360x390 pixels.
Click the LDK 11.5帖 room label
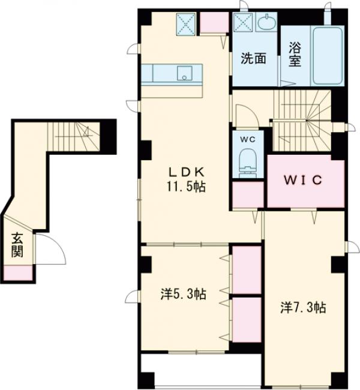(186, 179)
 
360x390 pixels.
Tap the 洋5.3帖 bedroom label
(183, 295)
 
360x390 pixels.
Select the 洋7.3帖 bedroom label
(303, 308)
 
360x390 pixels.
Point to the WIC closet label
(303, 180)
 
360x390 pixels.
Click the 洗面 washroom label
(254, 58)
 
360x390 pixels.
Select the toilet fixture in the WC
(248, 163)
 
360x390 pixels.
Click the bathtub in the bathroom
(328, 56)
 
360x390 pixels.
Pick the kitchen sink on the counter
(184, 73)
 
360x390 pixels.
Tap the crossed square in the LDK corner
(185, 24)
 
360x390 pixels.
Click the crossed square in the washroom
(242, 22)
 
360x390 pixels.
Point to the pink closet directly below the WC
(248, 194)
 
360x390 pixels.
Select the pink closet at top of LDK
(214, 22)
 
